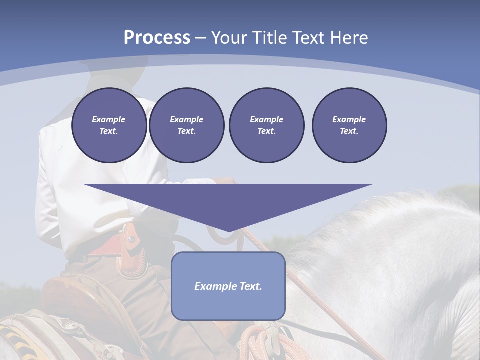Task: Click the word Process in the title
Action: click(x=157, y=38)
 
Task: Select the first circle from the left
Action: click(x=109, y=125)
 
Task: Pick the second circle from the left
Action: click(x=187, y=125)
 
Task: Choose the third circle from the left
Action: click(x=266, y=125)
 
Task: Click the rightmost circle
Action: click(x=349, y=125)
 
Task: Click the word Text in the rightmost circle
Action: click(x=349, y=131)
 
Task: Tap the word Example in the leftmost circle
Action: click(x=109, y=119)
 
